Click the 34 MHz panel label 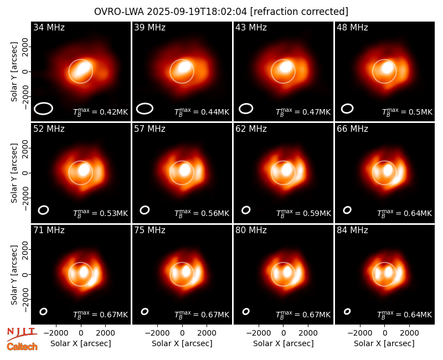pyautogui.click(x=49, y=27)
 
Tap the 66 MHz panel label pyautogui.click(x=352, y=129)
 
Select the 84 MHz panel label pyautogui.click(x=352, y=230)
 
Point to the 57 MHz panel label pyautogui.click(x=150, y=129)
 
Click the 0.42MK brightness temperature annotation pyautogui.click(x=101, y=112)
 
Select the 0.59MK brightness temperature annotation pyautogui.click(x=303, y=213)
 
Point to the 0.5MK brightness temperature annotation pyautogui.click(x=407, y=112)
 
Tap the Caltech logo pyautogui.click(x=22, y=347)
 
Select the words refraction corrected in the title pyautogui.click(x=300, y=12)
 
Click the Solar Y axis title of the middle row pyautogui.click(x=14, y=173)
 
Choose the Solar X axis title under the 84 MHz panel pyautogui.click(x=384, y=343)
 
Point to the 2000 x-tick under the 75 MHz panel pyautogui.click(x=207, y=333)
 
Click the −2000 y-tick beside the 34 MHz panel pyautogui.click(x=25, y=96)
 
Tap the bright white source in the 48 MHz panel pyautogui.click(x=387, y=68)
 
